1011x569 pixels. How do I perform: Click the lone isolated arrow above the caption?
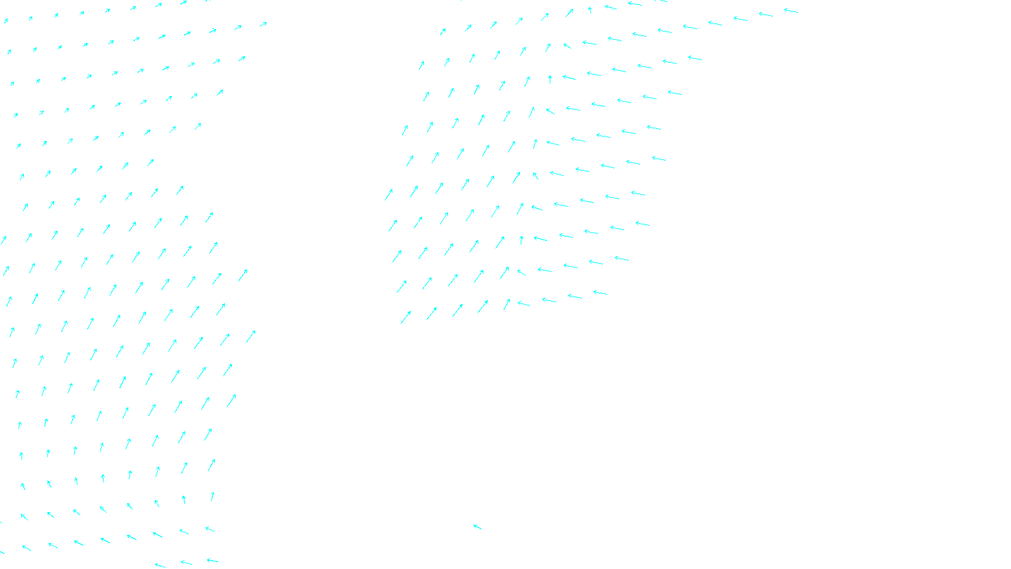click(x=477, y=527)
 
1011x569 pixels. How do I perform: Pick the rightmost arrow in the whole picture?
click(x=790, y=11)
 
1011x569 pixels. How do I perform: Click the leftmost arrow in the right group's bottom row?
click(x=406, y=317)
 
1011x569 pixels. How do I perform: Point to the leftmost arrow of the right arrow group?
click(x=389, y=195)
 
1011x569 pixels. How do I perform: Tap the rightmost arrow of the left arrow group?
click(x=251, y=336)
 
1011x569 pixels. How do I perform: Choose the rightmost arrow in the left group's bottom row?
click(x=212, y=560)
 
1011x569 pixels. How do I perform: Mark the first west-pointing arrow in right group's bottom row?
click(x=523, y=304)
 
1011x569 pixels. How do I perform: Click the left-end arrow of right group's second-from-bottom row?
click(x=401, y=287)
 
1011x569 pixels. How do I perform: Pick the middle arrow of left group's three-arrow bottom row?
click(x=186, y=562)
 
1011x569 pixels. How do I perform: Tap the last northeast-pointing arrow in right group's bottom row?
click(x=506, y=305)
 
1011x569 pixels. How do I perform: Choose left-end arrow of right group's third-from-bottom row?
click(x=397, y=256)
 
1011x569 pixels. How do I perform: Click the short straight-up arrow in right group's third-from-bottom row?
click(x=521, y=240)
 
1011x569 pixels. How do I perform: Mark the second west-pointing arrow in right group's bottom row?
click(x=548, y=300)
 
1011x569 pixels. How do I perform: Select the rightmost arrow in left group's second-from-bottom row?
click(x=210, y=529)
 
